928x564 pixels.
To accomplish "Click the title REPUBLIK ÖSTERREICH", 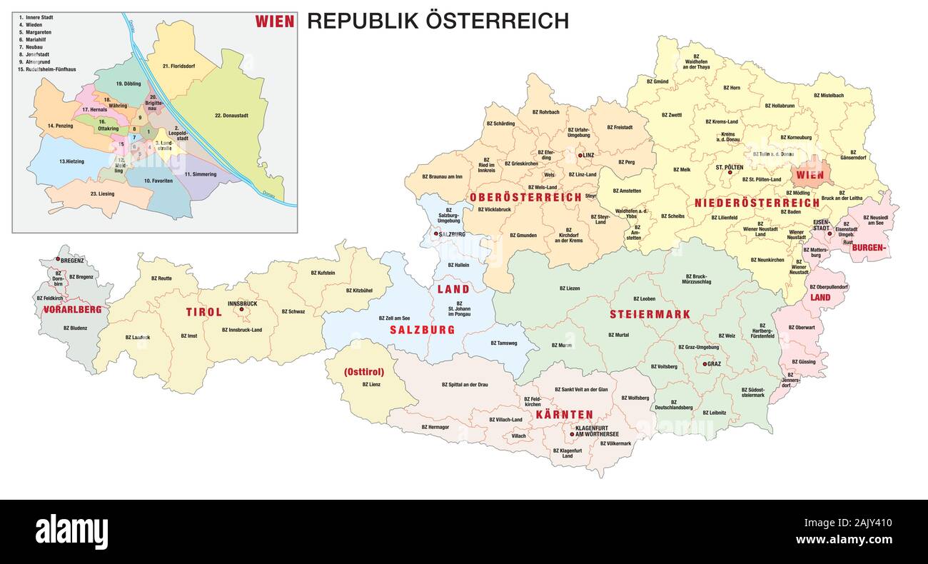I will [438, 21].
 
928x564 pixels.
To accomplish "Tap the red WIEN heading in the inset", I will [275, 21].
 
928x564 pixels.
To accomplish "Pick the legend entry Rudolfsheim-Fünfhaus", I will [47, 69].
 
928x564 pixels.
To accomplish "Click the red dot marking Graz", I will [705, 364].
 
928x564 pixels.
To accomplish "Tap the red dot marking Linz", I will [580, 154].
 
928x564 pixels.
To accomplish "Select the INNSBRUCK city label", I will [242, 303].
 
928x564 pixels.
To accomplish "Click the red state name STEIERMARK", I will [650, 314].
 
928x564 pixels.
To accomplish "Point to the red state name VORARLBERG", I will [73, 310].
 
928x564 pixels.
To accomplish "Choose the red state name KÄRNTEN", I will [565, 414].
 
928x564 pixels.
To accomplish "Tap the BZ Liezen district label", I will [569, 288].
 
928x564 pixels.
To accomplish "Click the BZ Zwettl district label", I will [671, 115].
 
